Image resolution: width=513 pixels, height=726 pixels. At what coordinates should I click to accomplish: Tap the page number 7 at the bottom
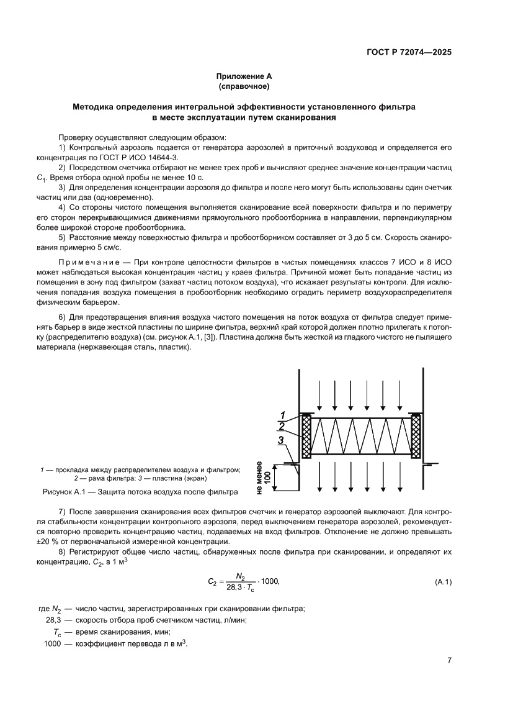click(x=448, y=660)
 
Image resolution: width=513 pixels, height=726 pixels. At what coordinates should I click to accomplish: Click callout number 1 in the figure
click(x=281, y=415)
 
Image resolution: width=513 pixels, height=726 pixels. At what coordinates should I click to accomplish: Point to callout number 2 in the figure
click(x=281, y=426)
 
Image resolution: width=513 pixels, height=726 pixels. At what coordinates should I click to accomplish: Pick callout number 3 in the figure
click(x=281, y=440)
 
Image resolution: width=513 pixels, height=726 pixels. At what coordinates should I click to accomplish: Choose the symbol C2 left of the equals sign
click(x=212, y=583)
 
